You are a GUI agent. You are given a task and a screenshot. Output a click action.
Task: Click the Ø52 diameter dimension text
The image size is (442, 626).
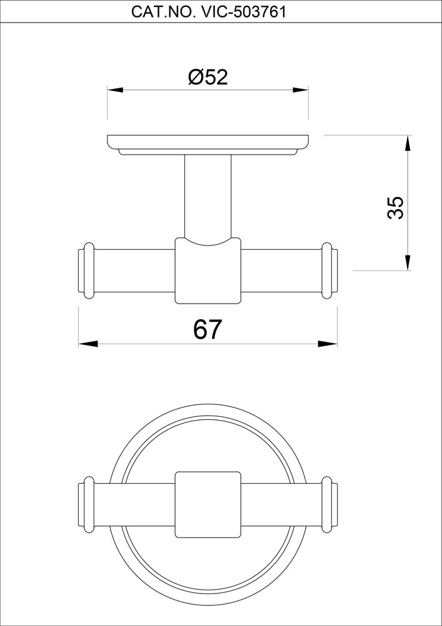pos(208,78)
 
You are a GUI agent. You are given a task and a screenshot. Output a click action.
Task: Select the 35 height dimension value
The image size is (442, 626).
pos(395,207)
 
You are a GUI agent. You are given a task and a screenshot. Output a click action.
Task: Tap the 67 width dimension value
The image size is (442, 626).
pos(208,330)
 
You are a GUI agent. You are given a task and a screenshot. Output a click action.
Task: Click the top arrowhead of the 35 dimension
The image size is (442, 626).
pos(408,143)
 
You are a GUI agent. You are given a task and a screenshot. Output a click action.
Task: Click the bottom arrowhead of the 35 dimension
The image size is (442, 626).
pos(408,263)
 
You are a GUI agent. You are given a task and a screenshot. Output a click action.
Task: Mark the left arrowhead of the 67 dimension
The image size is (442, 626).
pos(87,343)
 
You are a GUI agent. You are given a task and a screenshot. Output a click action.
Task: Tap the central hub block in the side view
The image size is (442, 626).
pos(208,272)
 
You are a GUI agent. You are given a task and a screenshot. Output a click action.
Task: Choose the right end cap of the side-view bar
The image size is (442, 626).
pos(330,271)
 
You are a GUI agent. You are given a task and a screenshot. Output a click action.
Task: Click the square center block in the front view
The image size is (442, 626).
pos(208,505)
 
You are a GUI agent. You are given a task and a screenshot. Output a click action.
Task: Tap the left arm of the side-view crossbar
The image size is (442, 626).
pos(134,271)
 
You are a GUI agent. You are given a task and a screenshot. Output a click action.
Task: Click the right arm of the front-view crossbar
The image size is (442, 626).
pos(281,505)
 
